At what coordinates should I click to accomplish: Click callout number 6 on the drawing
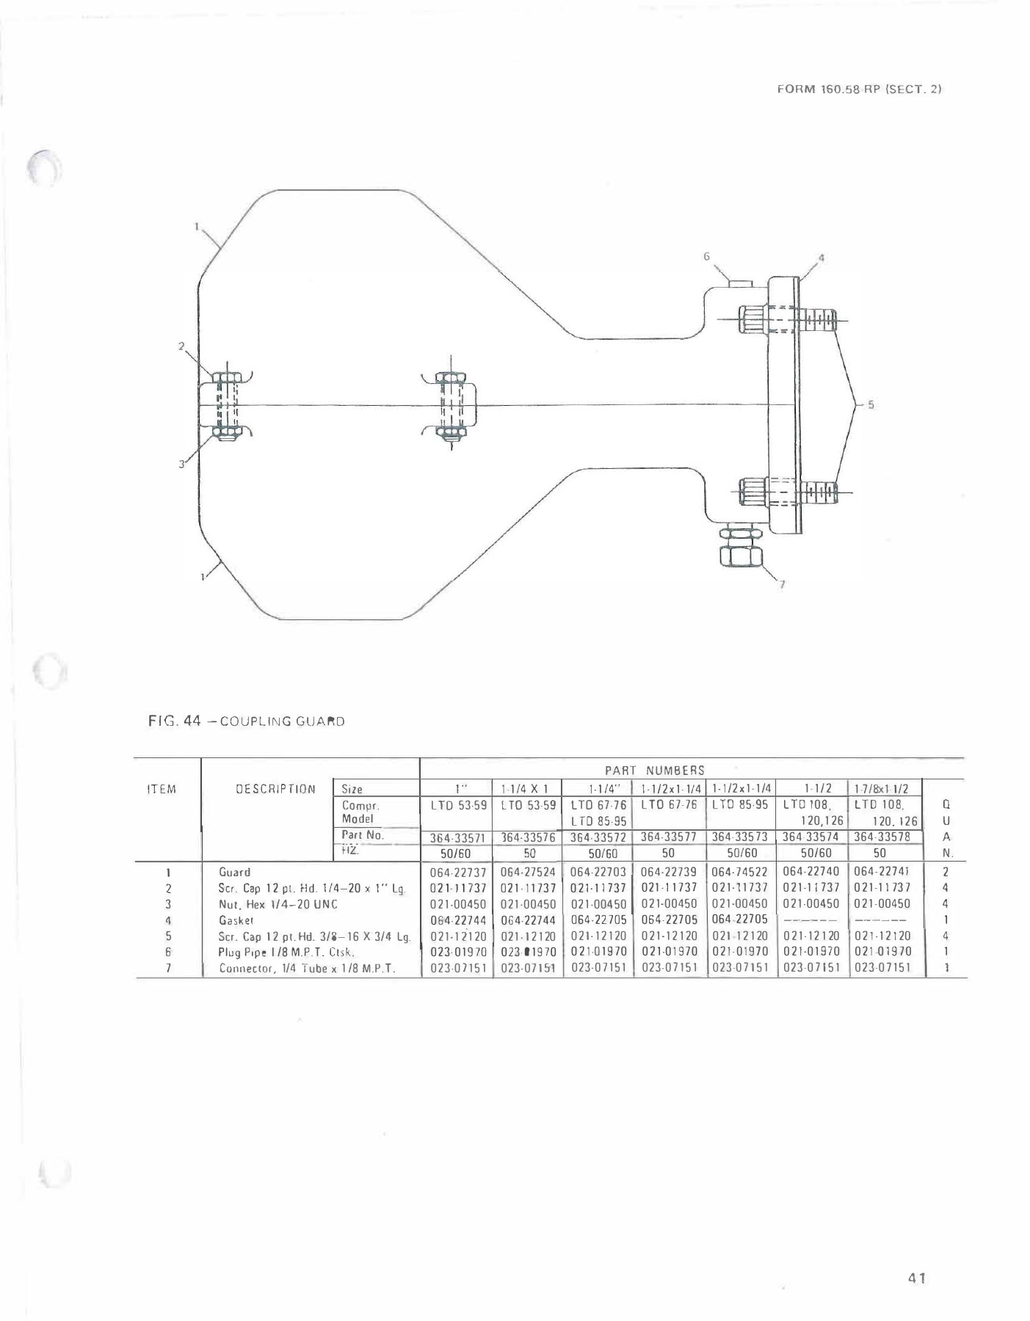pyautogui.click(x=706, y=256)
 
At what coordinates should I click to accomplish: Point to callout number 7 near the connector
pyautogui.click(x=782, y=584)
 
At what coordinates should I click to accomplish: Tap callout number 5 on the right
pyautogui.click(x=871, y=404)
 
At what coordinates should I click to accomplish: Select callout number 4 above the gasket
pyautogui.click(x=822, y=258)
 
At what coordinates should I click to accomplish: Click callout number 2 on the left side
pyautogui.click(x=181, y=346)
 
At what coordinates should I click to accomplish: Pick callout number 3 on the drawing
pyautogui.click(x=181, y=463)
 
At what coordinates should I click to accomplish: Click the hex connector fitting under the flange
pyautogui.click(x=741, y=548)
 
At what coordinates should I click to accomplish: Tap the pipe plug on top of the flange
pyautogui.click(x=739, y=282)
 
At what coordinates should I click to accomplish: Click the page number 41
pyautogui.click(x=916, y=1278)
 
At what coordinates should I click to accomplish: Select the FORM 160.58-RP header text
pyautogui.click(x=858, y=89)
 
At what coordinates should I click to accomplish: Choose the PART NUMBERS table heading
pyautogui.click(x=654, y=770)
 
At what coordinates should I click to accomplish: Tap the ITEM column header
pyautogui.click(x=162, y=789)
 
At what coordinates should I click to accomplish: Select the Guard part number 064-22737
pyautogui.click(x=457, y=872)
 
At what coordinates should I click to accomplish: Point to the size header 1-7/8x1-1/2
pyautogui.click(x=882, y=789)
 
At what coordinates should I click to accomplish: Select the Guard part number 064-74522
pyautogui.click(x=739, y=872)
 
